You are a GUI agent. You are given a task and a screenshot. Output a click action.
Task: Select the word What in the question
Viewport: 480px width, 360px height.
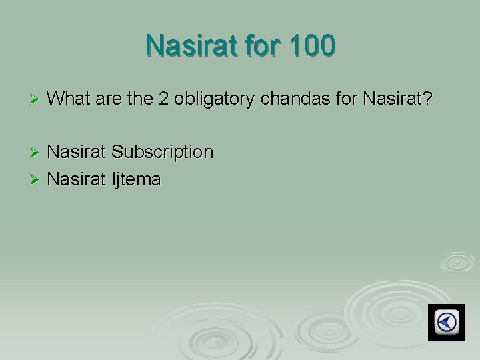click(x=70, y=99)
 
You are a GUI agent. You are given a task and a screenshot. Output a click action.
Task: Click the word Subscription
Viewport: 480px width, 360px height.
click(x=163, y=153)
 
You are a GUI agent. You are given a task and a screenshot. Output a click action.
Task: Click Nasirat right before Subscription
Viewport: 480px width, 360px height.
click(x=78, y=152)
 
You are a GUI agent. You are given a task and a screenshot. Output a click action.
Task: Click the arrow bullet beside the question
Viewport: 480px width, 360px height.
click(x=37, y=100)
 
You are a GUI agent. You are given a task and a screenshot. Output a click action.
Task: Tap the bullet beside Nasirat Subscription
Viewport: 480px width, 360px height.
click(x=37, y=153)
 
